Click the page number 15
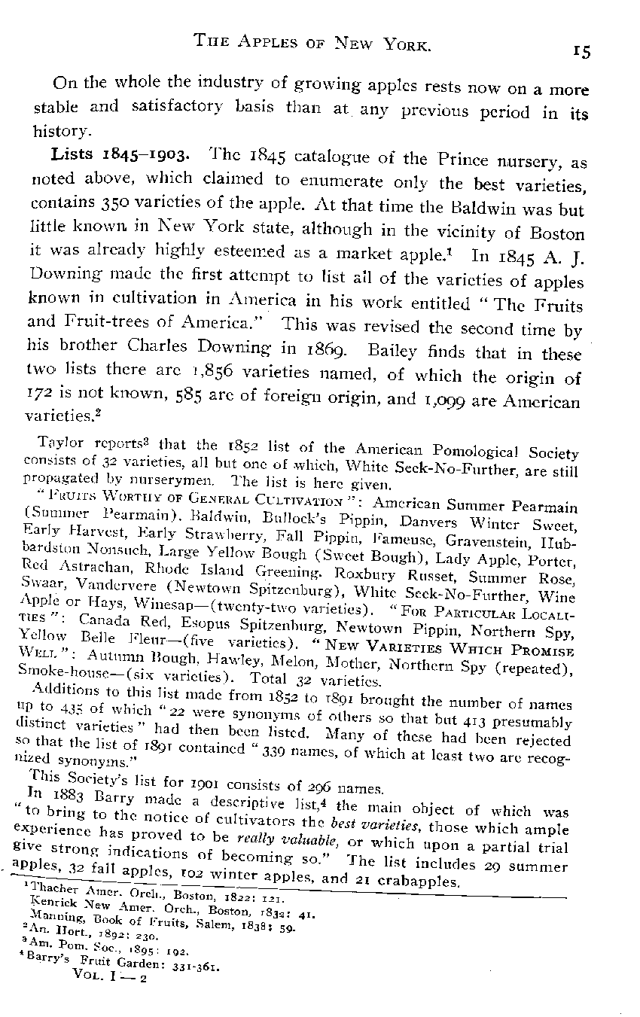[x=581, y=50]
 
